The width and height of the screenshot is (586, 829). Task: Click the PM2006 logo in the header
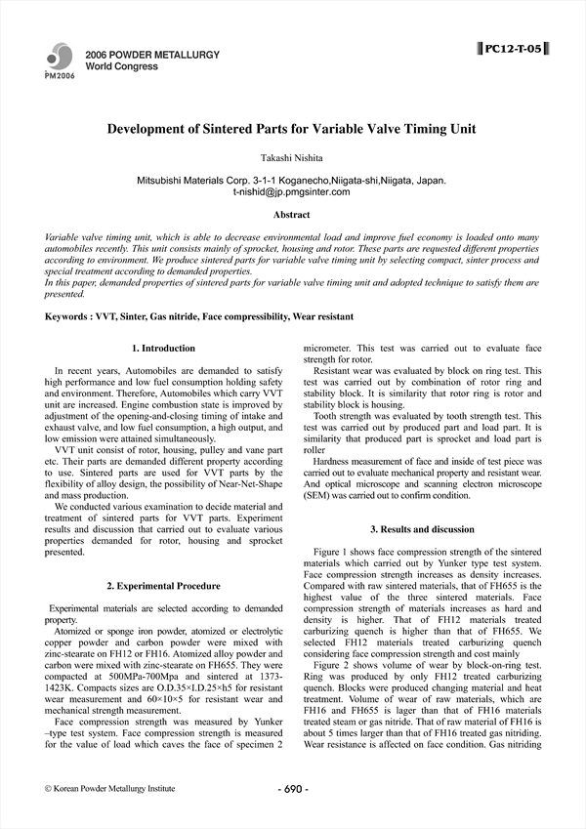[x=59, y=62]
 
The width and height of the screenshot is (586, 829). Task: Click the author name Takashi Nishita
[x=292, y=157]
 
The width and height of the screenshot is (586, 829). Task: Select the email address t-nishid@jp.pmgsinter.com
[x=292, y=192]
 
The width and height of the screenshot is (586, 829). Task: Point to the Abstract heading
[x=292, y=214]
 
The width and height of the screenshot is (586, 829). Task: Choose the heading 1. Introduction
[x=163, y=349]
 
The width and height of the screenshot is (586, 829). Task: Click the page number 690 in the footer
[x=293, y=789]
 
